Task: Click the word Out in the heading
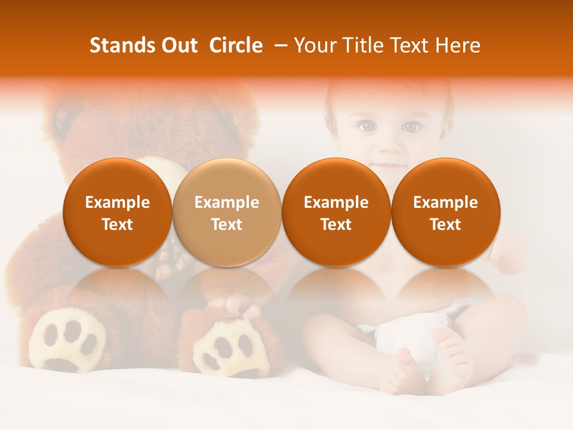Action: coord(178,45)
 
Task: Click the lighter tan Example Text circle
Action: coord(227,213)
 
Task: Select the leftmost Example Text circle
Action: coord(118,213)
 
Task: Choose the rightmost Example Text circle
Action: coord(446,213)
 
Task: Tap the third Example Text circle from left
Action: coord(336,213)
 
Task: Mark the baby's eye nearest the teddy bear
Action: coord(366,126)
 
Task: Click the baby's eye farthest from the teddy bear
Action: coord(411,127)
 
